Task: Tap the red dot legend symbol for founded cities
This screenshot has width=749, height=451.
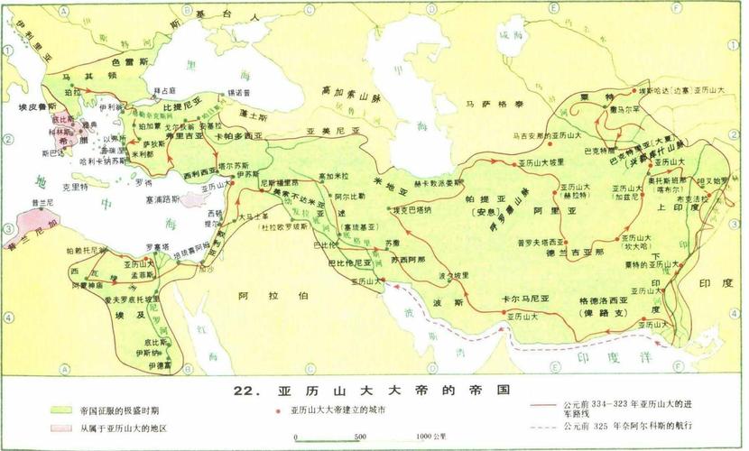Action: (x=278, y=410)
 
